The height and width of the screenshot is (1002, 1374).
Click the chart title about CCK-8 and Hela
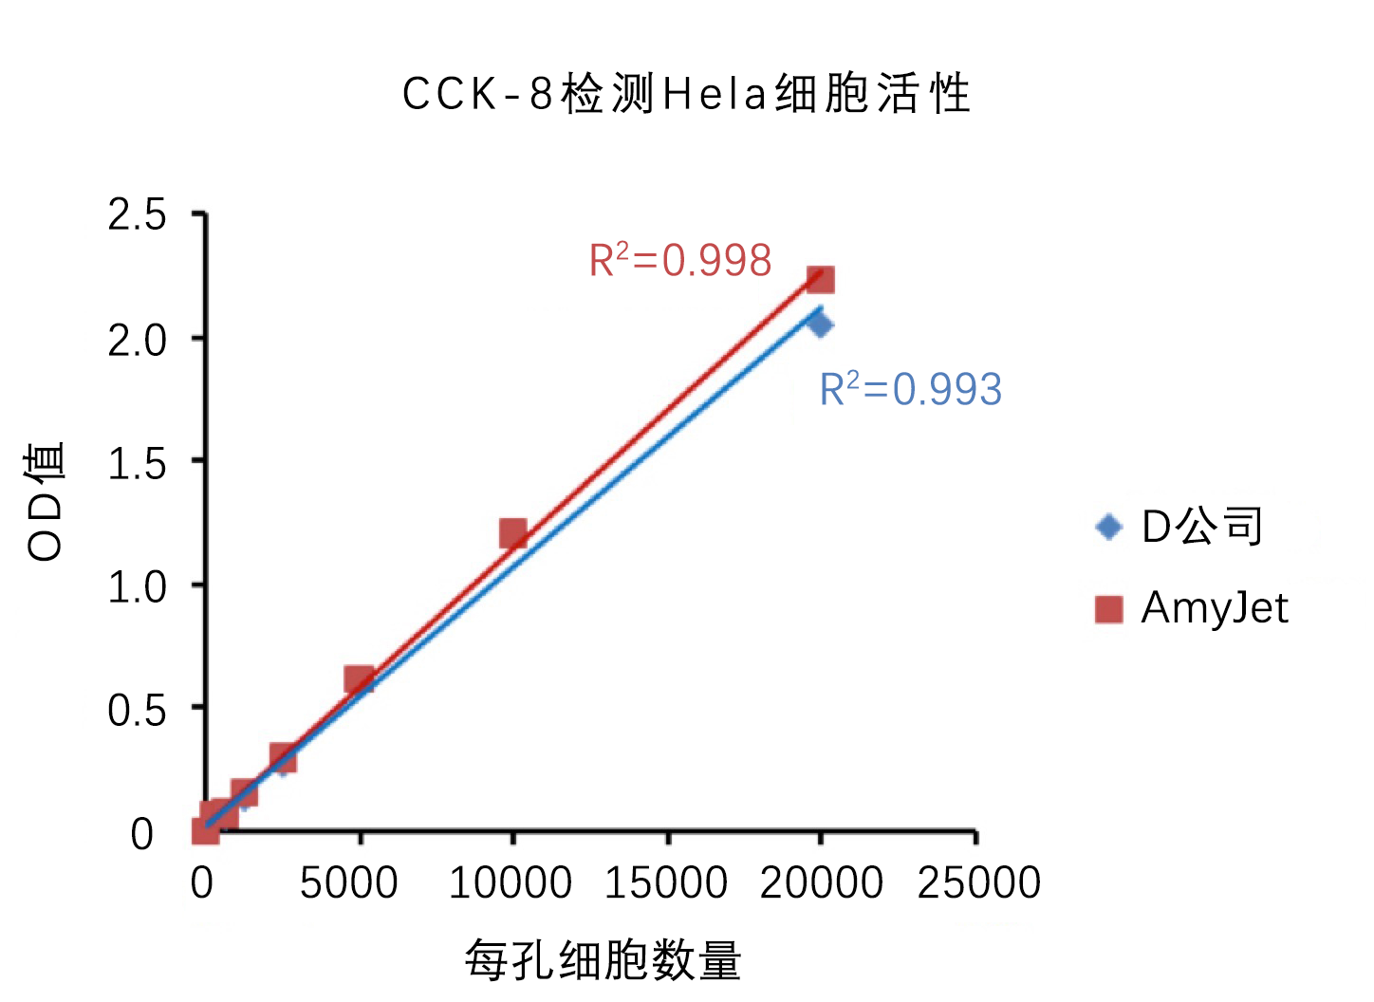click(686, 94)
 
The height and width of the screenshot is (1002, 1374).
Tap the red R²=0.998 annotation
click(680, 260)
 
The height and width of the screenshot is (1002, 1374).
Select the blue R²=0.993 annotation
click(910, 389)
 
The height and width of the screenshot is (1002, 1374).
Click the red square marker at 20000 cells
click(820, 279)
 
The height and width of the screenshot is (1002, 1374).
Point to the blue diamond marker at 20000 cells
click(821, 325)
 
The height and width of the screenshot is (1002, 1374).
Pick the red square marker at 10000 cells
click(513, 534)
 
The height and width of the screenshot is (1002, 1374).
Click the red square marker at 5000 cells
click(359, 679)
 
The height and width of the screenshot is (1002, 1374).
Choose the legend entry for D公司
click(1179, 527)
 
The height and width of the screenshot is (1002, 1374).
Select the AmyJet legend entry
click(1193, 608)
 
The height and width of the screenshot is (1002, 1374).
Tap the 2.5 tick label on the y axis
click(137, 215)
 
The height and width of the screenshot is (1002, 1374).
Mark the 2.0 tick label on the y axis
click(137, 340)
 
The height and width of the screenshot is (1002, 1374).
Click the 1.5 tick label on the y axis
click(137, 464)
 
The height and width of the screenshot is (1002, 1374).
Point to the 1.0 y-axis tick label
click(137, 587)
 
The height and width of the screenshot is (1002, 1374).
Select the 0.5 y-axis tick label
click(137, 711)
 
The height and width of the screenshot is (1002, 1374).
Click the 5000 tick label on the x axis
click(348, 883)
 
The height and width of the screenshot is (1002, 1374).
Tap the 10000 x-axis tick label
click(510, 883)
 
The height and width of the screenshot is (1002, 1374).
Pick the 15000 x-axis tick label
click(666, 883)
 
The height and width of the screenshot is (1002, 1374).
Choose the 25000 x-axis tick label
click(978, 883)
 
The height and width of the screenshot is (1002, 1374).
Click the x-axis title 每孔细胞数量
click(603, 960)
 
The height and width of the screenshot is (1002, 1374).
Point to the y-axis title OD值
click(46, 501)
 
